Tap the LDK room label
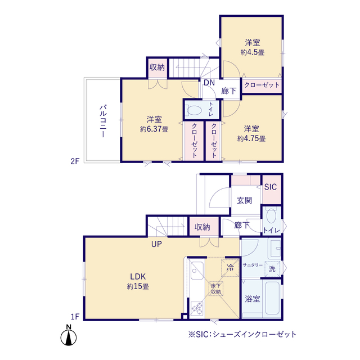pyautogui.click(x=138, y=276)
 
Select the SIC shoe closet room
pyautogui.click(x=272, y=190)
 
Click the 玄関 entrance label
pyautogui.click(x=245, y=200)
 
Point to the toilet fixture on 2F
pyautogui.click(x=194, y=110)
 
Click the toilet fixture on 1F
pyautogui.click(x=271, y=215)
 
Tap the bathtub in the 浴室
pyautogui.click(x=272, y=299)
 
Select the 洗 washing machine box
pyautogui.click(x=272, y=269)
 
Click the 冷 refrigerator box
pyautogui.click(x=230, y=268)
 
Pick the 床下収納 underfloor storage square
pyautogui.click(x=215, y=289)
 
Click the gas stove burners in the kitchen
pyautogui.click(x=197, y=308)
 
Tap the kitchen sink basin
pyautogui.click(x=197, y=271)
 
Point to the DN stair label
pyautogui.click(x=209, y=83)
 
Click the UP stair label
pyautogui.click(x=156, y=244)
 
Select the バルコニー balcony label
pyautogui.click(x=103, y=121)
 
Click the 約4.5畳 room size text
pyautogui.click(x=253, y=52)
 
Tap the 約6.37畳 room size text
pyautogui.click(x=154, y=129)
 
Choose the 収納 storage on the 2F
pyautogui.click(x=157, y=67)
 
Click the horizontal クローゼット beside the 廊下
pyautogui.click(x=262, y=85)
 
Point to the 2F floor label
pyautogui.click(x=75, y=161)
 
